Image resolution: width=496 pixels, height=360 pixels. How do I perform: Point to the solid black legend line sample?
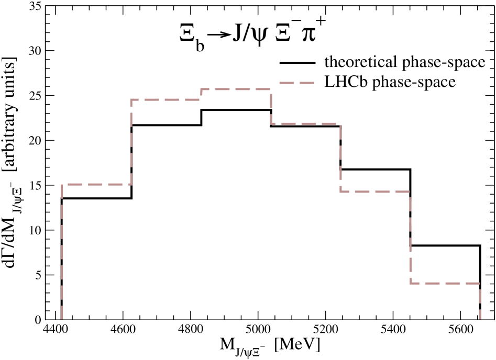[297, 63]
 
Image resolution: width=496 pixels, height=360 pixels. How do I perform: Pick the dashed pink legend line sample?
[297, 83]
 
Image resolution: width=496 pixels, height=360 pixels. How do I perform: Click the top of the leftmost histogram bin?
[96, 184]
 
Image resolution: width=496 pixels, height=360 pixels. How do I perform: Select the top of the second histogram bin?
[166, 99]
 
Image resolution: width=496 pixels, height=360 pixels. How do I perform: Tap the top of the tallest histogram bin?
[236, 89]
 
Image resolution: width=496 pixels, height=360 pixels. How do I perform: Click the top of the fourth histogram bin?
[306, 124]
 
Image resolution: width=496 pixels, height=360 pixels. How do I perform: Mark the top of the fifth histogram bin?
[375, 192]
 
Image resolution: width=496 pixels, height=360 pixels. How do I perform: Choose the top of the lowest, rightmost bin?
[445, 283]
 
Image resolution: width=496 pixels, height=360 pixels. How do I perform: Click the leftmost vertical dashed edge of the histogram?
[62, 251]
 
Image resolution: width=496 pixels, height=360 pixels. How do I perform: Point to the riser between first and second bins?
[131, 142]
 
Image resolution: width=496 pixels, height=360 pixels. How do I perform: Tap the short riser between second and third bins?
[201, 94]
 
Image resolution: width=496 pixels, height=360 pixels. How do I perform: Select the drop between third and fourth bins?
[271, 107]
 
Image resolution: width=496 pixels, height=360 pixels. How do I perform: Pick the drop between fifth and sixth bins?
[410, 238]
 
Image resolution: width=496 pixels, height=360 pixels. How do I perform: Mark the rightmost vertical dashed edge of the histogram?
[480, 301]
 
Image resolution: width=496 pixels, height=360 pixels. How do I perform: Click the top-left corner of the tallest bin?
[201, 89]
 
